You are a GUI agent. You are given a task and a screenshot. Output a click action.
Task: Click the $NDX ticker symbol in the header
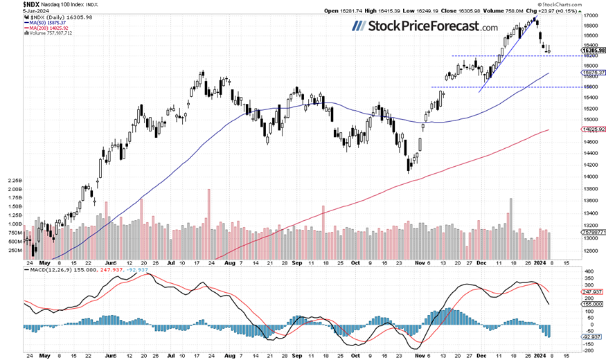click(x=12, y=4)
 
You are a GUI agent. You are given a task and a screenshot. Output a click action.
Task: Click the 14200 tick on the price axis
click(x=590, y=165)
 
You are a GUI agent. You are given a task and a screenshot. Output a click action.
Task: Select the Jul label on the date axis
click(x=170, y=263)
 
